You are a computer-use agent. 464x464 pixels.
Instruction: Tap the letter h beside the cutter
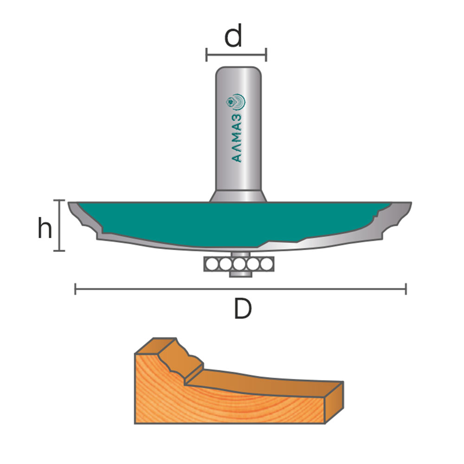[45, 227]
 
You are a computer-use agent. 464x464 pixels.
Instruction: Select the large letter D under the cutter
[243, 309]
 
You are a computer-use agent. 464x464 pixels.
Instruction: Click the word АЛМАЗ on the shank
[237, 138]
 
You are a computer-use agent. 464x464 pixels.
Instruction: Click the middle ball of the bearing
[239, 264]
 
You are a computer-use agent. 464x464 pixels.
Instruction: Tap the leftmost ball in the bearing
[212, 264]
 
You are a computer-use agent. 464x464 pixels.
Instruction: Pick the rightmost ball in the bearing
[266, 264]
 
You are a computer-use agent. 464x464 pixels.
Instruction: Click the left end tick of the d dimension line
[206, 55]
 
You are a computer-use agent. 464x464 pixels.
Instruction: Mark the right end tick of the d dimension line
[266, 55]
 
